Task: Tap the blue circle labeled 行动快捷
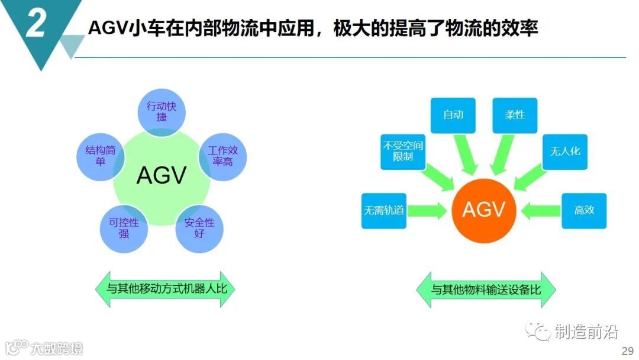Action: coord(162,111)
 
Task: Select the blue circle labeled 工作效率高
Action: coord(222,155)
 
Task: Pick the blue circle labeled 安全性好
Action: coord(199,228)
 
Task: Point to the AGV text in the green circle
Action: coord(162,175)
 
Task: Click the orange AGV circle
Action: coord(483,209)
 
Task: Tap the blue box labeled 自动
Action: coord(453,115)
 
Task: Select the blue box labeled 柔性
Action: coord(515,115)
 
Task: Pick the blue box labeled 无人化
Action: coord(564,151)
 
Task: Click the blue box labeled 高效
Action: coord(583,210)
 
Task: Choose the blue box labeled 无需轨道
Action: coord(383,210)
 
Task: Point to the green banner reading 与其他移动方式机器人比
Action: coord(162,290)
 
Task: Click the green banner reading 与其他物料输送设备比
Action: coord(485,290)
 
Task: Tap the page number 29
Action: coord(627,351)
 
